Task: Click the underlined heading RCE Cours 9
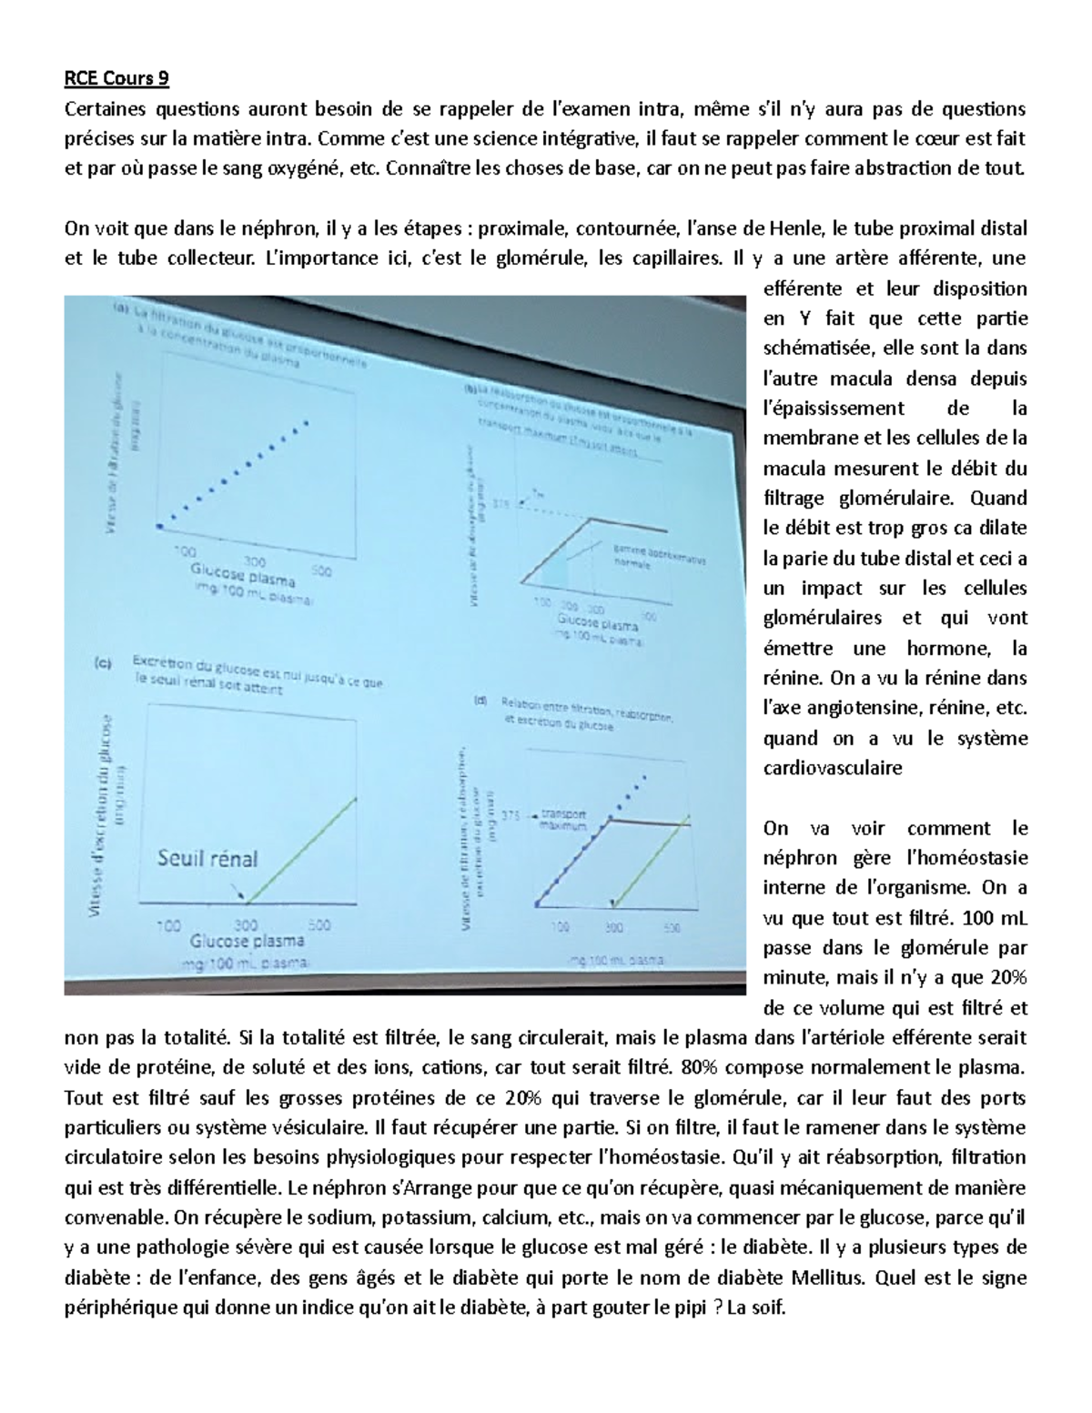pos(116,79)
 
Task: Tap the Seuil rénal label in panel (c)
pos(207,857)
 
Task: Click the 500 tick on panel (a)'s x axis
pos(321,571)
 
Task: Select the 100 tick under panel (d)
pos(561,927)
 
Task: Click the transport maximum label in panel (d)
pos(564,820)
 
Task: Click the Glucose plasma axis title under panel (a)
pos(243,575)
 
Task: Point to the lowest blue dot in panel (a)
pos(160,526)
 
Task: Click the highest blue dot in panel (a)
pos(307,422)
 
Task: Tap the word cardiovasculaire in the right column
pos(832,768)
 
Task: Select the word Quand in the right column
pos(999,498)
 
